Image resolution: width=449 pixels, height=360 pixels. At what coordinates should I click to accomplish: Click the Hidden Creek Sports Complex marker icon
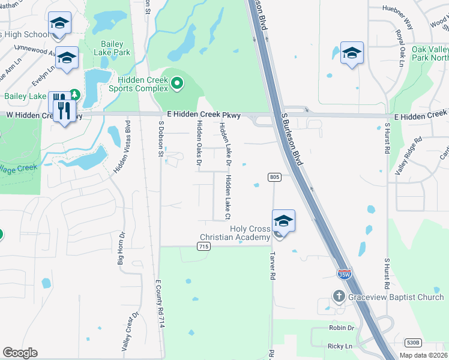176,84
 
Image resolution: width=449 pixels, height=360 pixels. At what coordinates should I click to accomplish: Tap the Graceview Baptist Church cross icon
339,296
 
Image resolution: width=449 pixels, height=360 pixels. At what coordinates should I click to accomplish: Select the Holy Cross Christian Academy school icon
283,221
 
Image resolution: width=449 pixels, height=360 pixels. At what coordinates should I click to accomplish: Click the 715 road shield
204,247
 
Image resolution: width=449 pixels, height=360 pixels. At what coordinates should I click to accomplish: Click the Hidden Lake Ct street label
228,196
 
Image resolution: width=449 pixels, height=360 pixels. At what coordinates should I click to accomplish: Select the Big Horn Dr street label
121,248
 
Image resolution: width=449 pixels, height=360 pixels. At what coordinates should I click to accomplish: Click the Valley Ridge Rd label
409,155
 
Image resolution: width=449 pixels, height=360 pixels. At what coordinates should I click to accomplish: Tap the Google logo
20,353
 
